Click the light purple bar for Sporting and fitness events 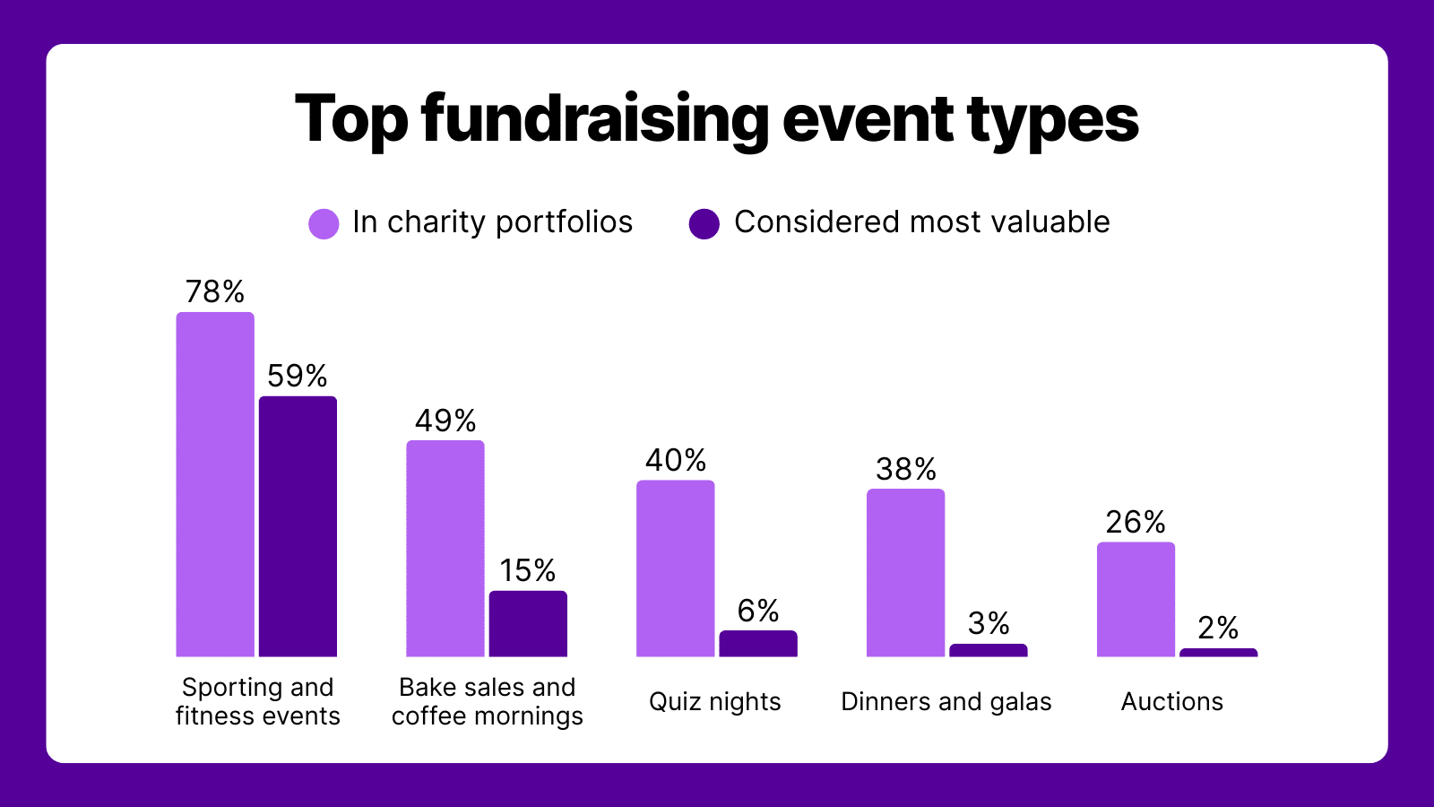pos(215,484)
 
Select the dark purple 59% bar pos(298,526)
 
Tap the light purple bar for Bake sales pos(445,548)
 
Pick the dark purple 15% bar pos(528,624)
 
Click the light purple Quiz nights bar pos(676,568)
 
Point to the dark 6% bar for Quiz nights pos(758,644)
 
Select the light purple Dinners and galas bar pos(906,573)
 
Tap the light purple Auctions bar pos(1136,600)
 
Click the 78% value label pos(215,291)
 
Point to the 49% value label pos(445,421)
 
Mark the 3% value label pos(989,623)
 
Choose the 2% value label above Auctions pos(1218,628)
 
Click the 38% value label pos(906,469)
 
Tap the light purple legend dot pos(324,223)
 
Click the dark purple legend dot pos(704,223)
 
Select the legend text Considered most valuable pos(922,222)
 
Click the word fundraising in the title pos(595,120)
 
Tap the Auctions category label pos(1172,701)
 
